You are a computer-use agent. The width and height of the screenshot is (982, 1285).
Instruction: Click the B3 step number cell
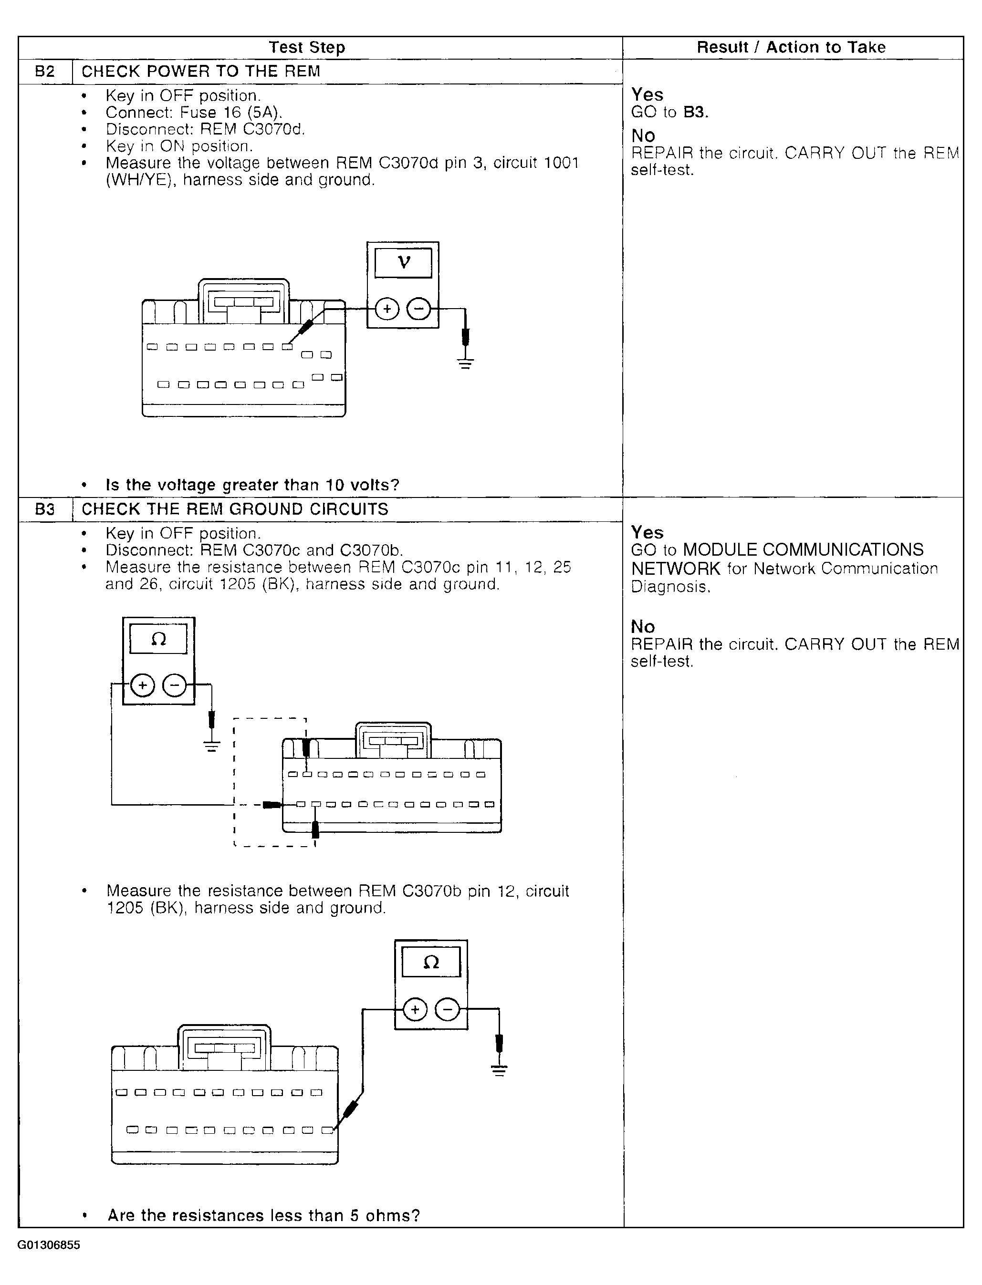[x=45, y=509]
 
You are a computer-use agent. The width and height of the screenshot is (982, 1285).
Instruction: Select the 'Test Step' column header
[x=307, y=47]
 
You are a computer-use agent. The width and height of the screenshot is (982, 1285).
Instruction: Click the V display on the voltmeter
[x=403, y=263]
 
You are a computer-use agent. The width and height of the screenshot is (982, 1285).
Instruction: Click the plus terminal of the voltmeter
[x=387, y=309]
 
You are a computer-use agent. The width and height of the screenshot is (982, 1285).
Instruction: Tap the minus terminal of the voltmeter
[x=418, y=309]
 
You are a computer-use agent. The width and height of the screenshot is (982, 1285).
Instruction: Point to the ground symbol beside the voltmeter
[x=465, y=363]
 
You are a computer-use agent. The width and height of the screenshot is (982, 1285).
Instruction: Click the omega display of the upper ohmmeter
[x=158, y=639]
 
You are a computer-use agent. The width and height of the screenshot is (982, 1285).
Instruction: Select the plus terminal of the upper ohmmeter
[x=143, y=685]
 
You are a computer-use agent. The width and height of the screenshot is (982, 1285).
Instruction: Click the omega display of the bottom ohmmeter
[x=431, y=962]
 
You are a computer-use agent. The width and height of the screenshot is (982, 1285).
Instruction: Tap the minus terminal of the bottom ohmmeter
[x=448, y=1009]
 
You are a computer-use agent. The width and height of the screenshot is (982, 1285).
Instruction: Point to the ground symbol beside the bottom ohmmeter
[x=499, y=1070]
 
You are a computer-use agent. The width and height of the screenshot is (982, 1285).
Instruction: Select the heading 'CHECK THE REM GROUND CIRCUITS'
[x=234, y=509]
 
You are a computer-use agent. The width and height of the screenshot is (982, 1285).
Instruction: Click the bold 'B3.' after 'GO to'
[x=696, y=112]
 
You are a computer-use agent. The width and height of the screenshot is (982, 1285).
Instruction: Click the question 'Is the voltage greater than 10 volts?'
[x=252, y=485]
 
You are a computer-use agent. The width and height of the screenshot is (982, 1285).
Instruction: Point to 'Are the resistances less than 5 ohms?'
[x=263, y=1215]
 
